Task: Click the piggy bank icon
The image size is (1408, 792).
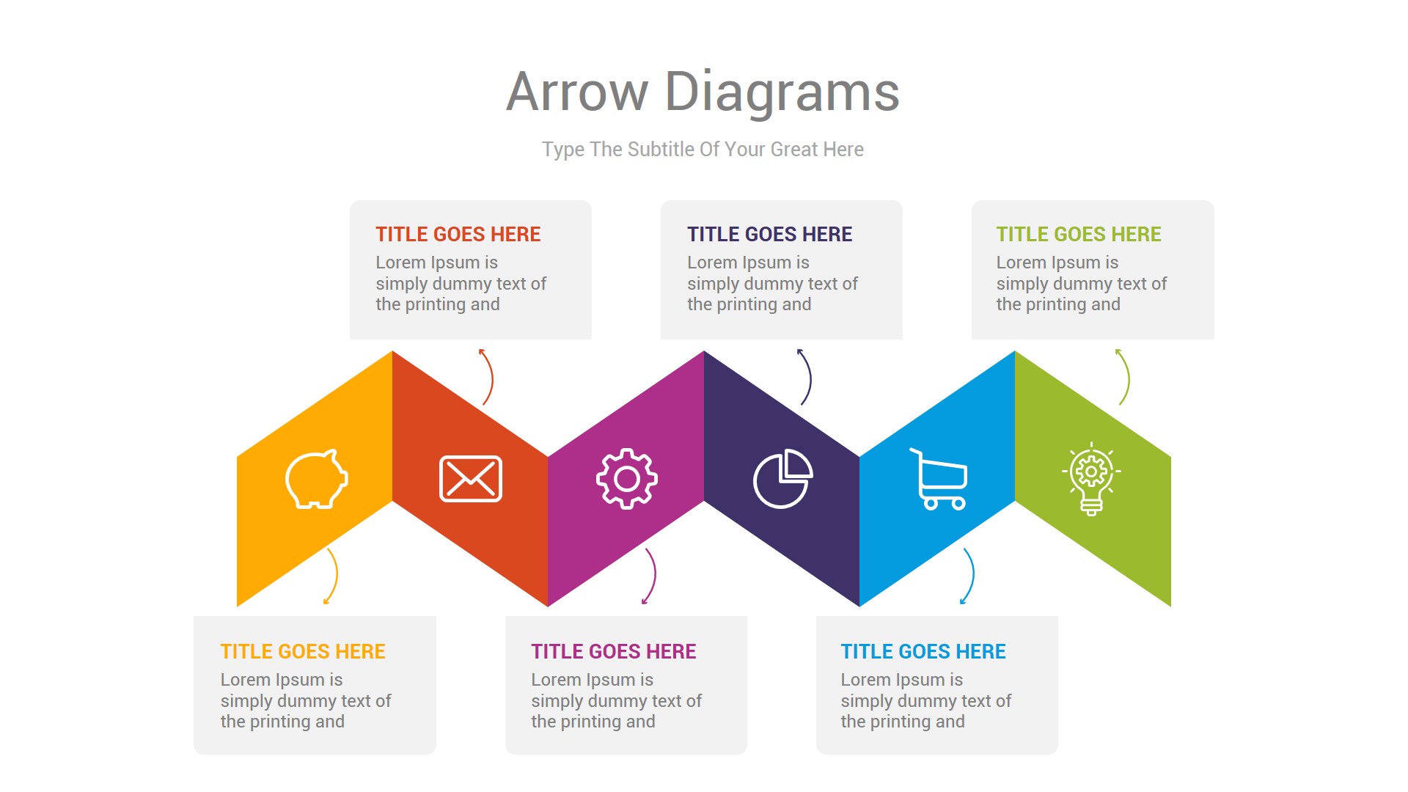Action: [316, 479]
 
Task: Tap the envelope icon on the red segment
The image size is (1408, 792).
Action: [471, 479]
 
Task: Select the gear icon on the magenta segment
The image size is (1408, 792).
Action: [626, 479]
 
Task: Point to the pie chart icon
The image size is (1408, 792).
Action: [782, 479]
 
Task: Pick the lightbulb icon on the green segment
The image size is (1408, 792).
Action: [1091, 479]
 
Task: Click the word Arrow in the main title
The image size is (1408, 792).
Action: [576, 92]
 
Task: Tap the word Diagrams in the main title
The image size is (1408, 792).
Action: [782, 92]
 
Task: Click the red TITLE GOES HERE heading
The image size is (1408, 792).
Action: [458, 235]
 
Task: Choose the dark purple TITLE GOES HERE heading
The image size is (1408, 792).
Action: [769, 235]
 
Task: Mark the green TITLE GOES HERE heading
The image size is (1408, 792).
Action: [1079, 235]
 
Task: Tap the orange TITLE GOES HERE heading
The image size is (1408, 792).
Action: [303, 652]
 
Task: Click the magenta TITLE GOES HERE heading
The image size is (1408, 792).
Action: [614, 652]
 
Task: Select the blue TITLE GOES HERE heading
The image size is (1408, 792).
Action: [923, 652]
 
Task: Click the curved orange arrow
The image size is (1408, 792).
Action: [334, 576]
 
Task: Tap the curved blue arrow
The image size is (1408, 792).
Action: [971, 576]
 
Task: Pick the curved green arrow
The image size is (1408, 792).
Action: [1126, 377]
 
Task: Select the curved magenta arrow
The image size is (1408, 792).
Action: [653, 576]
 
